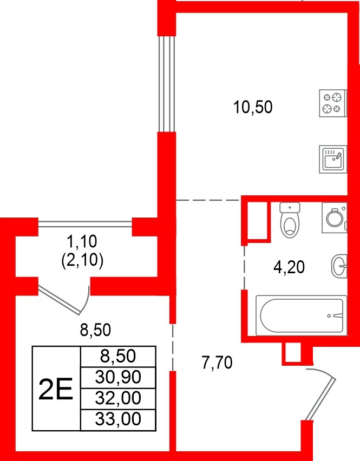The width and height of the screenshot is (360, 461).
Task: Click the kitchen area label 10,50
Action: tap(252, 107)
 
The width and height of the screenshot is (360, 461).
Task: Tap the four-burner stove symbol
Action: tap(332, 103)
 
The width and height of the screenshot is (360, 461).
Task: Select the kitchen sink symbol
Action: tap(332, 159)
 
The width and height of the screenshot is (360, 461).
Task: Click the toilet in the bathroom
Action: tap(291, 220)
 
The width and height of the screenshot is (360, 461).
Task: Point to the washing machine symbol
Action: tap(334, 218)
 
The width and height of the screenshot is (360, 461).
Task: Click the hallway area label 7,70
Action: tap(217, 363)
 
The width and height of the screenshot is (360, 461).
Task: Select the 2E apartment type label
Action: tap(56, 388)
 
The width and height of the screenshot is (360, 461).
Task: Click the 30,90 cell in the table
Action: tap(117, 377)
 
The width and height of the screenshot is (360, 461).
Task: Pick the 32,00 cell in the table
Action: tap(117, 398)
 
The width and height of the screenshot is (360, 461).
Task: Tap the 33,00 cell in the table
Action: tap(117, 419)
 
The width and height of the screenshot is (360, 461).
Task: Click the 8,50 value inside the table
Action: tap(117, 356)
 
